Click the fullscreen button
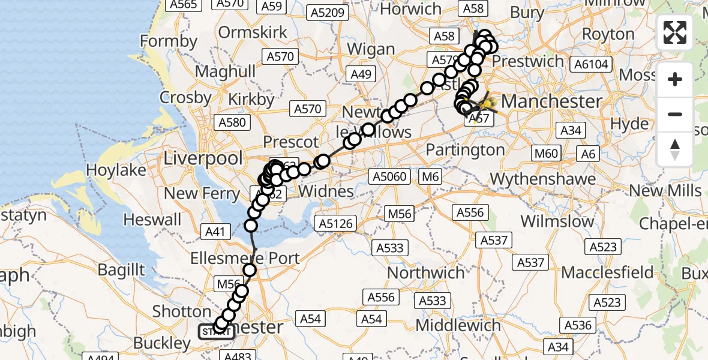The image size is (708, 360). click(675, 32)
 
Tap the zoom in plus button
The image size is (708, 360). click(675, 79)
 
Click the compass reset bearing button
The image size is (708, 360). click(675, 149)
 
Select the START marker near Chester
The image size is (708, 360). click(216, 331)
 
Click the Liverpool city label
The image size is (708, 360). click(203, 158)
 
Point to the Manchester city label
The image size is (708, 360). click(551, 101)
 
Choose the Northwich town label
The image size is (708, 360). click(426, 272)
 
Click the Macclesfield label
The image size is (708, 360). click(607, 272)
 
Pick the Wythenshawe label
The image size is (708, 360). click(543, 178)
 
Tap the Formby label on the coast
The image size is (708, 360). click(169, 41)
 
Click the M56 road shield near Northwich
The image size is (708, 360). click(400, 214)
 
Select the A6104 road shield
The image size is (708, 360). click(591, 64)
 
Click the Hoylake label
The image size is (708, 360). click(116, 170)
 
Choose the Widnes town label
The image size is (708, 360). click(326, 191)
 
